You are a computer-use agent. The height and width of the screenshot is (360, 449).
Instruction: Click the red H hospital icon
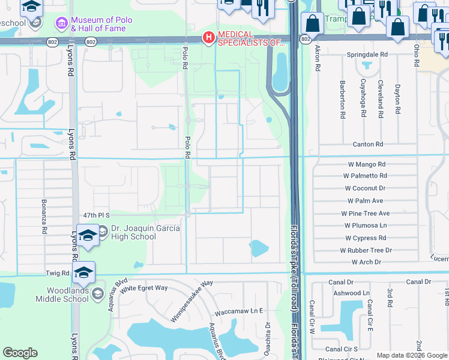click(208, 38)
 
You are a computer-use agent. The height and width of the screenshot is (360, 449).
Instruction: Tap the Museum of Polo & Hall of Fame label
click(98, 24)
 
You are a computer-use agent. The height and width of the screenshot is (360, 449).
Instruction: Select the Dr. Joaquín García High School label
click(133, 232)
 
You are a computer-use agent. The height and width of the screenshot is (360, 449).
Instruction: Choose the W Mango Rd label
click(367, 164)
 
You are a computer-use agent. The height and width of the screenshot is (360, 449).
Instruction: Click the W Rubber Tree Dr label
click(366, 250)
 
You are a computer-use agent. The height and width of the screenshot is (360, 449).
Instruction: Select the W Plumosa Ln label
click(366, 226)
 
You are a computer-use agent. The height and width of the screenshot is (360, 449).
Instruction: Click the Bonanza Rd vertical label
click(44, 217)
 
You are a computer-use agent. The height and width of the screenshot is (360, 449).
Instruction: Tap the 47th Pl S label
click(98, 215)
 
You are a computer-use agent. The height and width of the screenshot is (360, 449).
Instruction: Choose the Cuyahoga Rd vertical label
click(363, 97)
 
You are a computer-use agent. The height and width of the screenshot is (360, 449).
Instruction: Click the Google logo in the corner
click(20, 353)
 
